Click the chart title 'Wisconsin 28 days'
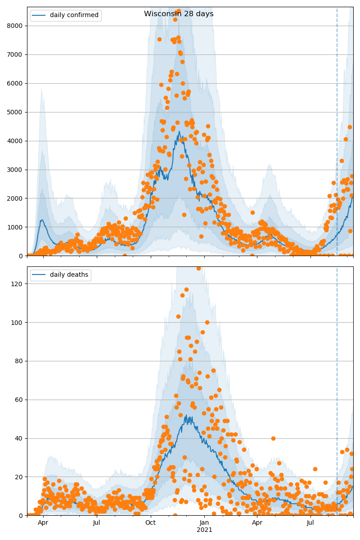click(179, 14)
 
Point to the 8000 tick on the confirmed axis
click(16, 26)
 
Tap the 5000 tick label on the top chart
click(16, 112)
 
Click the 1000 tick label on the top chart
click(16, 227)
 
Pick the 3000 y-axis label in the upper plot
click(16, 170)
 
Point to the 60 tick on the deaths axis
click(19, 400)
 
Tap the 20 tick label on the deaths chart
click(19, 477)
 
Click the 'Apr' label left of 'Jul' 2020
click(43, 523)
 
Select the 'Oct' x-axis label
click(150, 523)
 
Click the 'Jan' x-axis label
click(204, 523)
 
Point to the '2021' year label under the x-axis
click(204, 530)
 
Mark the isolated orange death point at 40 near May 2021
click(273, 438)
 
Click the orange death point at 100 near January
click(207, 322)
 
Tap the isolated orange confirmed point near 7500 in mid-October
click(159, 39)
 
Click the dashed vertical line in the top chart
click(337, 135)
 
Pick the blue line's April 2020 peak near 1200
click(42, 220)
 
